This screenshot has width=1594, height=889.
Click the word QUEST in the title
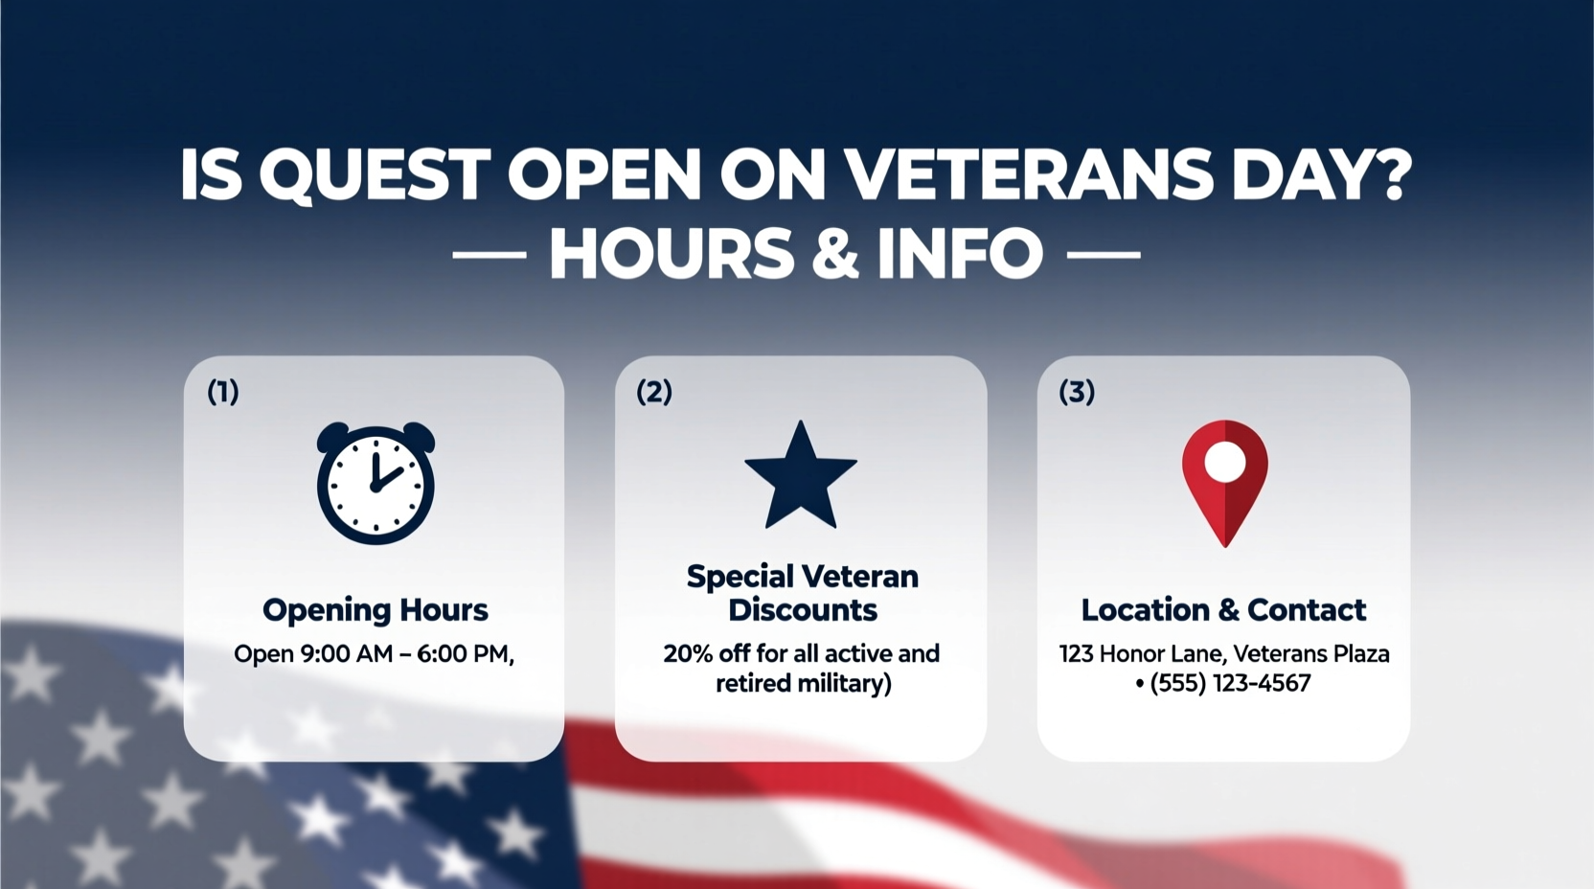(x=375, y=175)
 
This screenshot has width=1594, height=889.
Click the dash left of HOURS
(x=489, y=256)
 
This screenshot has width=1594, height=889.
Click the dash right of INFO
(x=1103, y=256)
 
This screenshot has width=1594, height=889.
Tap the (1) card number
(x=223, y=392)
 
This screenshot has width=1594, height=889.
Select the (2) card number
(x=654, y=392)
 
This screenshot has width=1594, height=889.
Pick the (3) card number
(x=1077, y=392)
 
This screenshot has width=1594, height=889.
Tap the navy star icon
(x=801, y=477)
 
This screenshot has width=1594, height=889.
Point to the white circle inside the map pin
(x=1224, y=463)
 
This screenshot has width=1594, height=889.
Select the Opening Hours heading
(x=375, y=610)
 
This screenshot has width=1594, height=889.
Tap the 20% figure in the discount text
(x=688, y=654)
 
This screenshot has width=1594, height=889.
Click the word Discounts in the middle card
(x=802, y=610)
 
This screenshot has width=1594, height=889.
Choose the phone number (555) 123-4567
(x=1230, y=684)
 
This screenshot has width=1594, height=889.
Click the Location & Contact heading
(x=1223, y=610)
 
